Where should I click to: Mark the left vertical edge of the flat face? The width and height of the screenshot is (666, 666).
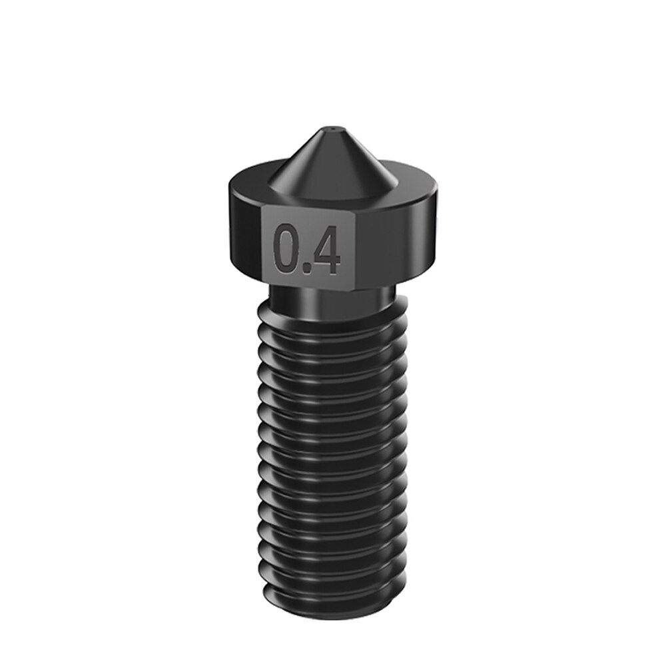click(264, 246)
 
